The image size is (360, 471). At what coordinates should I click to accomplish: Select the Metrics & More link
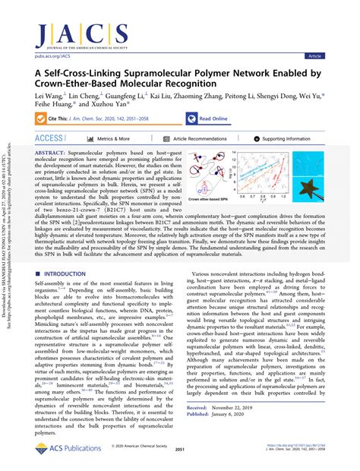[x=112, y=140]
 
